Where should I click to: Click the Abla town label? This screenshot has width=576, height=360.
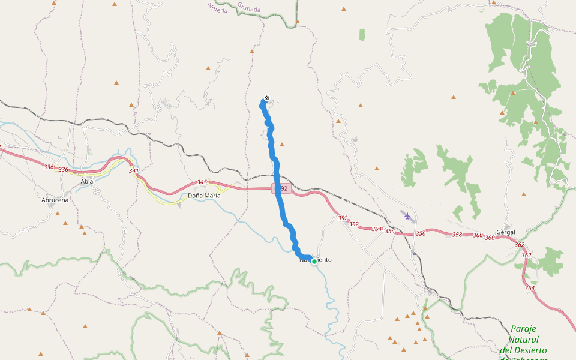[x=86, y=181]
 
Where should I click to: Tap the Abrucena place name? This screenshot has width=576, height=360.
[x=55, y=200]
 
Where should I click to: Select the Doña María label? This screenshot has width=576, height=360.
[x=204, y=196]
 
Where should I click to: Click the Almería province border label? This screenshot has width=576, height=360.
[x=217, y=8]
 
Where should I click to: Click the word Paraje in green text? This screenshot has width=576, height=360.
[x=523, y=329]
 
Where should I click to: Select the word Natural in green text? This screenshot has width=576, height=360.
[x=523, y=340]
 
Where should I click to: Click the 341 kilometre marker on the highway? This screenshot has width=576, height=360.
[x=134, y=171]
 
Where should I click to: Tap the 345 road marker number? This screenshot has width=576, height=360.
[x=202, y=182]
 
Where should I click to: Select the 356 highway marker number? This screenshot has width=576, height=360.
[x=420, y=233]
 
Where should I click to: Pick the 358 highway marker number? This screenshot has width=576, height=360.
[x=457, y=235]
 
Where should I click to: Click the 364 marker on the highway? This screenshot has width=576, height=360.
[x=530, y=289]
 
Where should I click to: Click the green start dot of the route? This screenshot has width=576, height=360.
[x=314, y=262]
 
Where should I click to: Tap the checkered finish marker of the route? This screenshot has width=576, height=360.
[x=266, y=98]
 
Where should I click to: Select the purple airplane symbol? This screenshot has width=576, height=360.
[x=408, y=215]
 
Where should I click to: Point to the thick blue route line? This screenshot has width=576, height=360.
[x=280, y=198]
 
